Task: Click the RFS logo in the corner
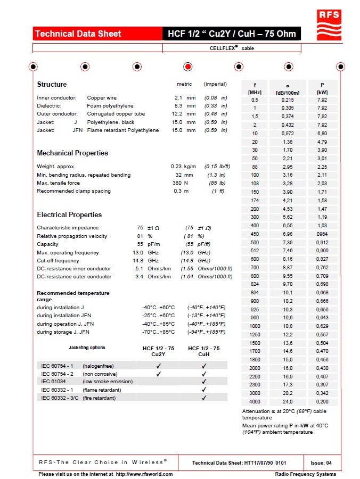tap(329, 23)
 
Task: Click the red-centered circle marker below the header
tap(187, 67)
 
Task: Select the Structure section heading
tap(52, 85)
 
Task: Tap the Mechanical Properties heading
tap(72, 153)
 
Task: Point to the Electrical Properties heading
tap(69, 215)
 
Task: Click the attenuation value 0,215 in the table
tap(288, 100)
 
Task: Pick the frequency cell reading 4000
tap(255, 402)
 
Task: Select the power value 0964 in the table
tap(322, 234)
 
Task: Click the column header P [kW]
tap(322, 88)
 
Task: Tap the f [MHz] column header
tap(255, 88)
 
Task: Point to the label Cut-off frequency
tap(59, 261)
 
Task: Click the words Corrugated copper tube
tap(116, 114)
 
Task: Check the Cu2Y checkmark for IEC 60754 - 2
tap(158, 374)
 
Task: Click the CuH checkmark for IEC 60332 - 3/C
tap(204, 398)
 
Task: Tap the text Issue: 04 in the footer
tap(321, 463)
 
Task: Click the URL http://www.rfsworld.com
tap(144, 474)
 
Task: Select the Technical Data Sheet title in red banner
tap(78, 34)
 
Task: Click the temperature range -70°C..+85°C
tap(158, 332)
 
